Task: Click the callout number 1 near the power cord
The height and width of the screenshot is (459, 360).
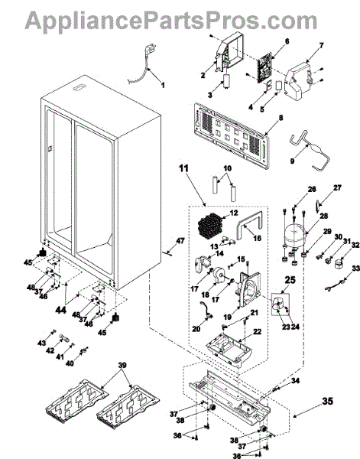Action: click(163, 85)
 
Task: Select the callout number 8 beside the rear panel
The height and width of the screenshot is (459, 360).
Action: click(281, 118)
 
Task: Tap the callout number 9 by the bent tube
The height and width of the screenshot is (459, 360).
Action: click(292, 161)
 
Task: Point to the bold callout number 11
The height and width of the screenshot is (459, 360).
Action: click(184, 168)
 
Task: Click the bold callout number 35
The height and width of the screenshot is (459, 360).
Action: click(328, 401)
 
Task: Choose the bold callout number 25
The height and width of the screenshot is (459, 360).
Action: click(290, 280)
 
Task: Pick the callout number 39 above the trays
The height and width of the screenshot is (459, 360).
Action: click(122, 366)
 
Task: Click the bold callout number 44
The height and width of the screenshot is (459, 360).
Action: click(60, 309)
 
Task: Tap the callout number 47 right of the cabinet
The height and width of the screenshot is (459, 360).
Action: click(180, 241)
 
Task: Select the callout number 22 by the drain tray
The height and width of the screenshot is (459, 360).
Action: click(258, 332)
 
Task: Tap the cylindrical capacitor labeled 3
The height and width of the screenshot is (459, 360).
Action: click(227, 81)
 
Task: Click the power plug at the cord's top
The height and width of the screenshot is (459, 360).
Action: click(151, 47)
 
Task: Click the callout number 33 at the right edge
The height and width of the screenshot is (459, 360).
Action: click(356, 269)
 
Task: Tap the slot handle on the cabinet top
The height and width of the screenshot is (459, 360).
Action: click(79, 88)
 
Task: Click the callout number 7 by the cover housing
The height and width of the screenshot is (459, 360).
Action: click(321, 46)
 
